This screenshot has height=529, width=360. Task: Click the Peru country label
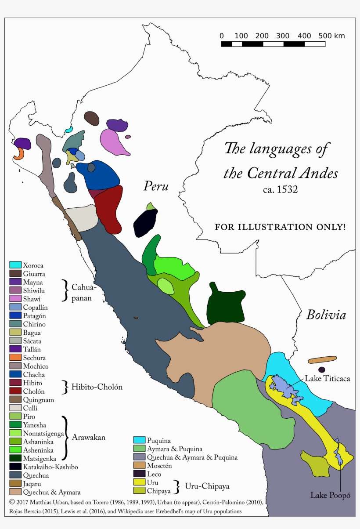tap(156, 186)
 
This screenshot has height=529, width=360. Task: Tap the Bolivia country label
tap(326, 315)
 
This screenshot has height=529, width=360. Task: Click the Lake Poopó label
tap(331, 495)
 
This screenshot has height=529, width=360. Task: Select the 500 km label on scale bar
tap(331, 36)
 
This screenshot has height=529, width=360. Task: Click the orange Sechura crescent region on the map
tap(19, 154)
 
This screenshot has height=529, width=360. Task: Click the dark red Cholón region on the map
tap(108, 209)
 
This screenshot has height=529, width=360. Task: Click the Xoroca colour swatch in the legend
tap(15, 265)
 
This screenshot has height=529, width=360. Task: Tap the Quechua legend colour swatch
tap(15, 475)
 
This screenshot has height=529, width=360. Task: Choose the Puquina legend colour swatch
tap(139, 440)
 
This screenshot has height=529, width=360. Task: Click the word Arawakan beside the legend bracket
tap(89, 438)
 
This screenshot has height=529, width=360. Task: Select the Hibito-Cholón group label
tap(97, 387)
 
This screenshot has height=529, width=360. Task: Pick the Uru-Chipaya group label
tap(207, 486)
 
